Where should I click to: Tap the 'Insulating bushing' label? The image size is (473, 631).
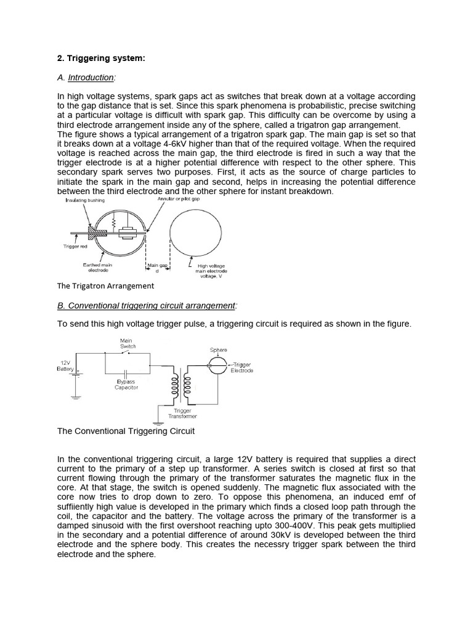coord(85,200)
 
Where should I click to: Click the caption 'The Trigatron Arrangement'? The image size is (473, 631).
coord(105,286)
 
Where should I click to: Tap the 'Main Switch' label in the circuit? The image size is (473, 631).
coord(126,343)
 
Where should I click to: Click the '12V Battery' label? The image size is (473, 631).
coord(65,366)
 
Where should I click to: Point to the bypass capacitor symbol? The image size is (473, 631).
coord(126,373)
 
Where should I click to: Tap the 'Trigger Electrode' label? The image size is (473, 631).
coord(241,368)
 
